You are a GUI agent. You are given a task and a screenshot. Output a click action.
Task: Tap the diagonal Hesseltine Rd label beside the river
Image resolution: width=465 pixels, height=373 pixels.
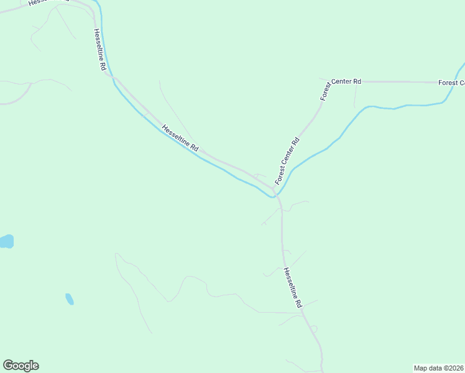[180, 139]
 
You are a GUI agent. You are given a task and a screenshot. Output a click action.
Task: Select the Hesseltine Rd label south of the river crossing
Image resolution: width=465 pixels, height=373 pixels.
[292, 287]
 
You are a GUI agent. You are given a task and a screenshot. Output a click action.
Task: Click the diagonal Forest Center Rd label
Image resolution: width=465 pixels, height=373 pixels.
[287, 160]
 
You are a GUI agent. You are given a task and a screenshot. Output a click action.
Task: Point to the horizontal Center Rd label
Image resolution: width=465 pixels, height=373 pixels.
[346, 81]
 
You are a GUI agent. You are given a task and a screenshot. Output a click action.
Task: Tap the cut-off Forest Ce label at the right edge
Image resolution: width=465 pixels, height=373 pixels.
[451, 83]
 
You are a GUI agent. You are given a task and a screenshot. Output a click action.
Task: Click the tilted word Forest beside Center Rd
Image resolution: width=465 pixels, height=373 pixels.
[326, 92]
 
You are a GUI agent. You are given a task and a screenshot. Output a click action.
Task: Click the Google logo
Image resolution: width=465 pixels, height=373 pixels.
[21, 365]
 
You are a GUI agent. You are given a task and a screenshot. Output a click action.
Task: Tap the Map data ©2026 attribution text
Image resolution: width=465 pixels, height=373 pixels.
[438, 368]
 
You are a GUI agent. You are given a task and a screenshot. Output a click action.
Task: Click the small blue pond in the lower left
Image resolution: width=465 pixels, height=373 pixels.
[69, 299]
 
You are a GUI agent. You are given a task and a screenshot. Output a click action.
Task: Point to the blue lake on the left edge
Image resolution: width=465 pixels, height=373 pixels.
[6, 241]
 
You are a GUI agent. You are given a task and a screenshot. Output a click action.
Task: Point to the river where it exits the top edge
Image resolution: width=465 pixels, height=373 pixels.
[98, 3]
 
